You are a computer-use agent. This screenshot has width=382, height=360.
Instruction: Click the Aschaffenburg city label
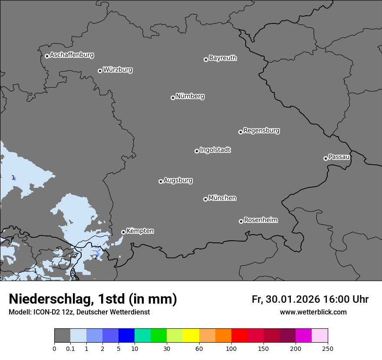point(72,55)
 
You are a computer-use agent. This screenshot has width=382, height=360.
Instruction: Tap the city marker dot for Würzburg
point(100,71)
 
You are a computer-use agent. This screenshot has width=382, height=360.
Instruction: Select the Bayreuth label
point(223,58)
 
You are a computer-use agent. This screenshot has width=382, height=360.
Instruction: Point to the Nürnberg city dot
point(173,98)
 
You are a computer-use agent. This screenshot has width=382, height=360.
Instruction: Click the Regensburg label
point(261,131)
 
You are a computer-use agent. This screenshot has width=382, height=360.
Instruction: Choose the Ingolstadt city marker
point(197,151)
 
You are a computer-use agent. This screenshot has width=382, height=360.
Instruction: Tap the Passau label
point(339,157)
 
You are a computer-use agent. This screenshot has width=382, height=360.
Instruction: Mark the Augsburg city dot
point(161,181)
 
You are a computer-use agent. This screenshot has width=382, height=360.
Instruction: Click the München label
point(222,198)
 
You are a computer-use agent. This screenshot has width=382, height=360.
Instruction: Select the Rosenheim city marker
point(241,222)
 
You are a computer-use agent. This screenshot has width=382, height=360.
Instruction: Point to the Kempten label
point(140,231)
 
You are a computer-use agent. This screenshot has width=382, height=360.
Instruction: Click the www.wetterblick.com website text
point(313,312)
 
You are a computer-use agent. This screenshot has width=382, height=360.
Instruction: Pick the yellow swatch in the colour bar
point(191,336)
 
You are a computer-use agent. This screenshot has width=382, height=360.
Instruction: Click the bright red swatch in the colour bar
point(239,336)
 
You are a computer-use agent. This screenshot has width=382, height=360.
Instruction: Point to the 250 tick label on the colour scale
point(328,348)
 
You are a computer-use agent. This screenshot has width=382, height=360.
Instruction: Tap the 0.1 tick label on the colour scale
point(70,348)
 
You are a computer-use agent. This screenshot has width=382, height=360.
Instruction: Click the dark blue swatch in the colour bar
point(127,336)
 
